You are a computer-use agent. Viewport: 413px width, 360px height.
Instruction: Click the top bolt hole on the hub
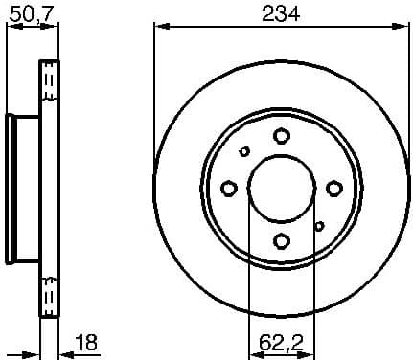click(x=281, y=136)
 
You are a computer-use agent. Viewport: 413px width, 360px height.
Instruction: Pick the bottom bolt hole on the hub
click(x=281, y=239)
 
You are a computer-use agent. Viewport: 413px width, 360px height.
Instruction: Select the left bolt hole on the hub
click(x=229, y=188)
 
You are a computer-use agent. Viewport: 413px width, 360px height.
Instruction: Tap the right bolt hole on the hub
click(x=333, y=188)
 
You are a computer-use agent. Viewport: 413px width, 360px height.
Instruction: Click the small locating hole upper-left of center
click(x=244, y=151)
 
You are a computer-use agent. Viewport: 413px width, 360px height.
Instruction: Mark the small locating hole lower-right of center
click(x=319, y=225)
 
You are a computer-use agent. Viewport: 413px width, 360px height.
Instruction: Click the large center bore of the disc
click(x=281, y=188)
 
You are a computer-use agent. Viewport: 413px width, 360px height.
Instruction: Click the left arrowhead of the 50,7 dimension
click(x=11, y=28)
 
